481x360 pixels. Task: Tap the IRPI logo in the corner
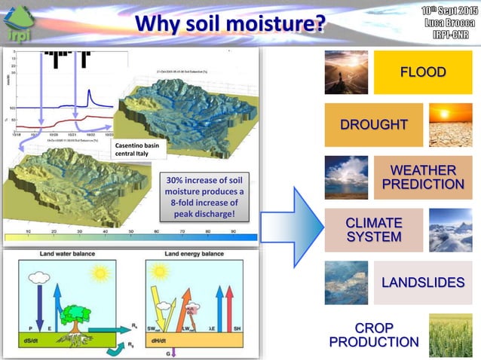[x=22, y=23]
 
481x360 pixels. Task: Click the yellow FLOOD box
[x=422, y=72]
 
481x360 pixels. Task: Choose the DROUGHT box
[x=372, y=124]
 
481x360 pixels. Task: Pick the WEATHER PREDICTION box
[x=422, y=177]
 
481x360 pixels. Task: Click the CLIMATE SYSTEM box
[x=372, y=230]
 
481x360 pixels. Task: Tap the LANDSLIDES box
[x=422, y=282]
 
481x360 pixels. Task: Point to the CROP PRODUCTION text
[x=372, y=334]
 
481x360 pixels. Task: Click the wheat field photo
[x=450, y=334]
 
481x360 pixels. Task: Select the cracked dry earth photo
[x=450, y=124]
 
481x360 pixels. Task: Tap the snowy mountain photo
[x=450, y=230]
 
